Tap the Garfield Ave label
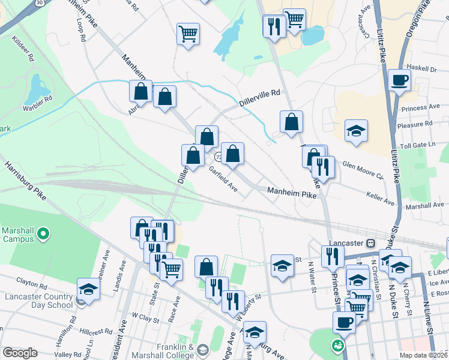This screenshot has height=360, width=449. click(223, 179)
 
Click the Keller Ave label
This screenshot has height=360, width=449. click(381, 195)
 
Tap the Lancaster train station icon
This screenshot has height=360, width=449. click(371, 243)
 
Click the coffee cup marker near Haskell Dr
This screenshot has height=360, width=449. click(399, 80)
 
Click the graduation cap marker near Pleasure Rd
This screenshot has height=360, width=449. click(356, 131)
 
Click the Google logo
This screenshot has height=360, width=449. click(20, 353)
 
